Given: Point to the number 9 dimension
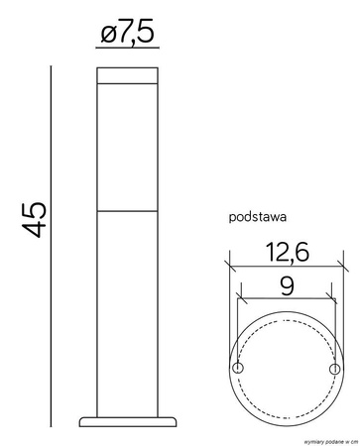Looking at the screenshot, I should click(285, 287).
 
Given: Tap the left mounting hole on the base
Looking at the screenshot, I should click(236, 369).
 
